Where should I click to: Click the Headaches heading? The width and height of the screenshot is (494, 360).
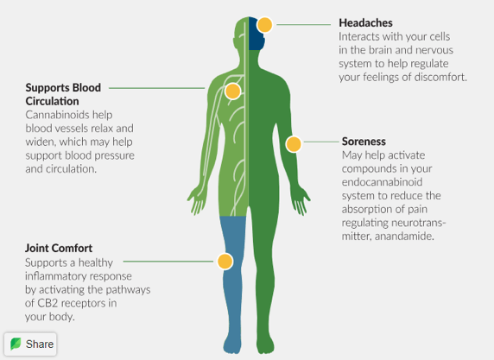pos(365,23)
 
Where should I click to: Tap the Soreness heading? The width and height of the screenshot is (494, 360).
pos(364,142)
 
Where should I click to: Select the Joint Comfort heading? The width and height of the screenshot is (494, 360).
pos(59,248)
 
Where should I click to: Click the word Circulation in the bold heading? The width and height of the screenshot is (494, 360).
pos(53,101)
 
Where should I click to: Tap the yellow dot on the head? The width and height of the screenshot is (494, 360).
pos(264,25)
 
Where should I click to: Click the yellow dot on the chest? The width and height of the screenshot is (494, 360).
pos(233,92)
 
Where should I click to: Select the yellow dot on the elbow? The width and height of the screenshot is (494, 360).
pos(294,144)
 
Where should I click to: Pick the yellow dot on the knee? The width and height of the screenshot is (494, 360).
pos(225,262)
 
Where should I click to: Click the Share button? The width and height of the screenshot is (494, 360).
pos(30,344)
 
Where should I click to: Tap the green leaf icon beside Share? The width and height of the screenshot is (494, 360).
pos(16,344)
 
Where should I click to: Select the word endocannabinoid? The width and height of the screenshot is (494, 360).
pos(382,182)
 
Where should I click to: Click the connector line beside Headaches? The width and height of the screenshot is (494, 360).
pos(304,24)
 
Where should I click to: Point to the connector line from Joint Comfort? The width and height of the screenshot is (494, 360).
pos(168,262)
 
